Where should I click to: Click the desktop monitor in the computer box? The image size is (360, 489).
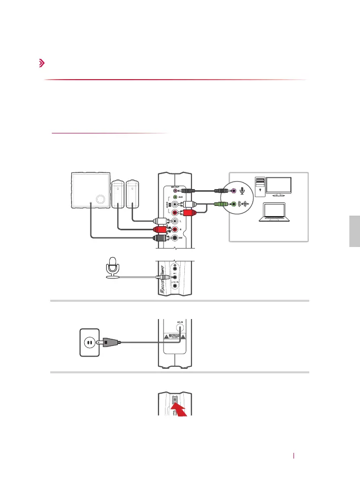[275, 186]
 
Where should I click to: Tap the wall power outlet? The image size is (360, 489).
[88, 342]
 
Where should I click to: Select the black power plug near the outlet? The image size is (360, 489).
[111, 342]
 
